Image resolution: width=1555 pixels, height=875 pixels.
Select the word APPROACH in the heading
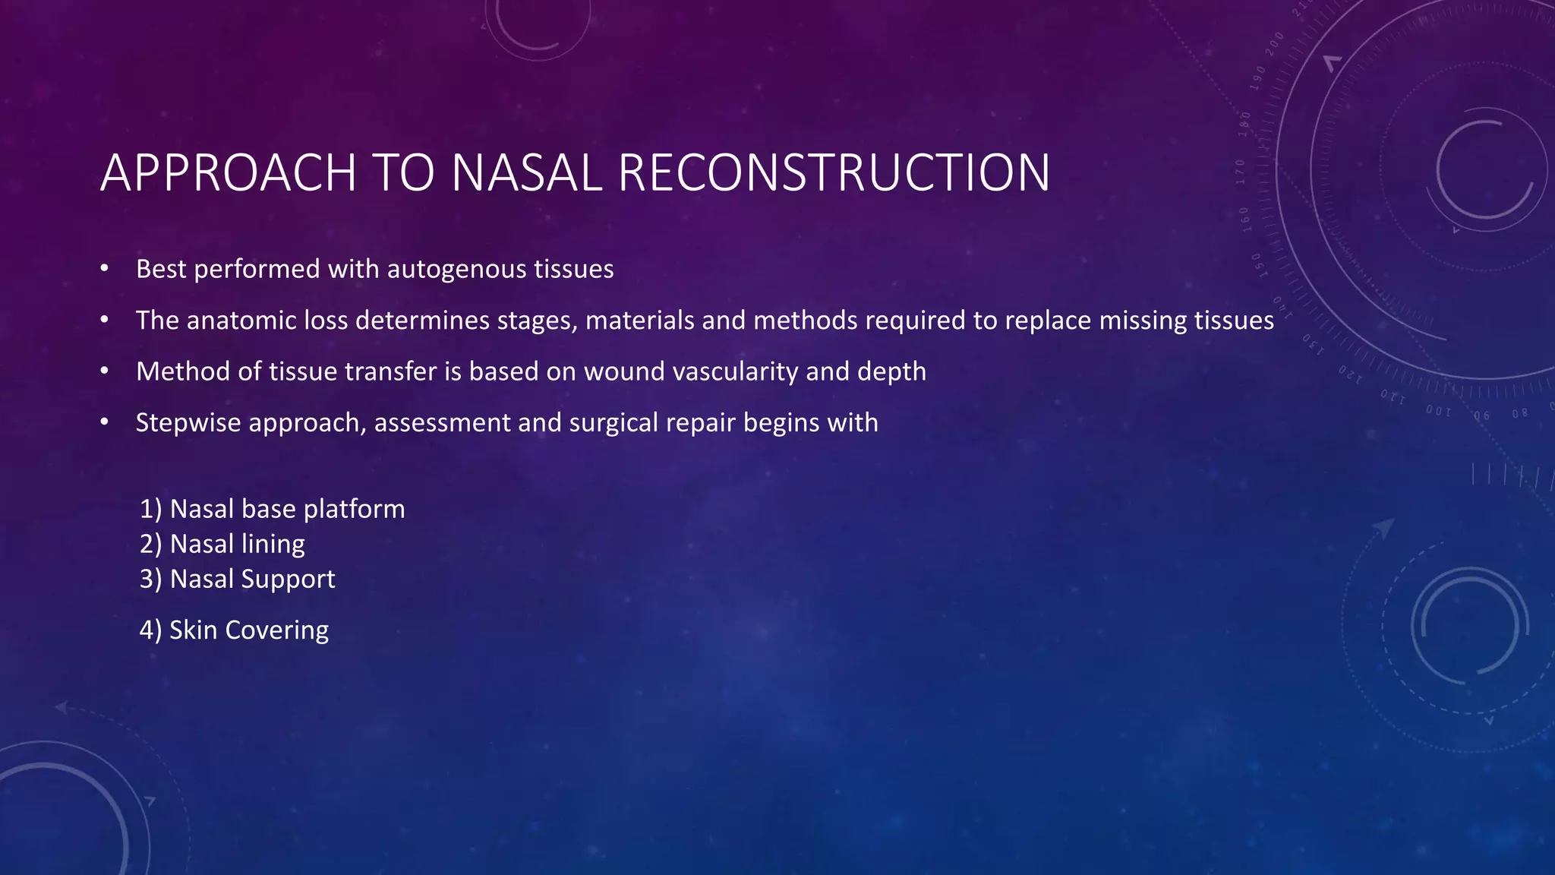point(229,172)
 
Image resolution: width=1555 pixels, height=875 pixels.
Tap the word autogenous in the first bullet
point(456,270)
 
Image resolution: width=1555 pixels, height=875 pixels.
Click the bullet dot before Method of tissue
point(105,371)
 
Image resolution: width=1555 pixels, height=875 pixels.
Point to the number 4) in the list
point(150,630)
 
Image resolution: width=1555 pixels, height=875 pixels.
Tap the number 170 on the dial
point(1240,172)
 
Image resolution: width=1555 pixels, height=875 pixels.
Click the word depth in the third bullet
point(891,371)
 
